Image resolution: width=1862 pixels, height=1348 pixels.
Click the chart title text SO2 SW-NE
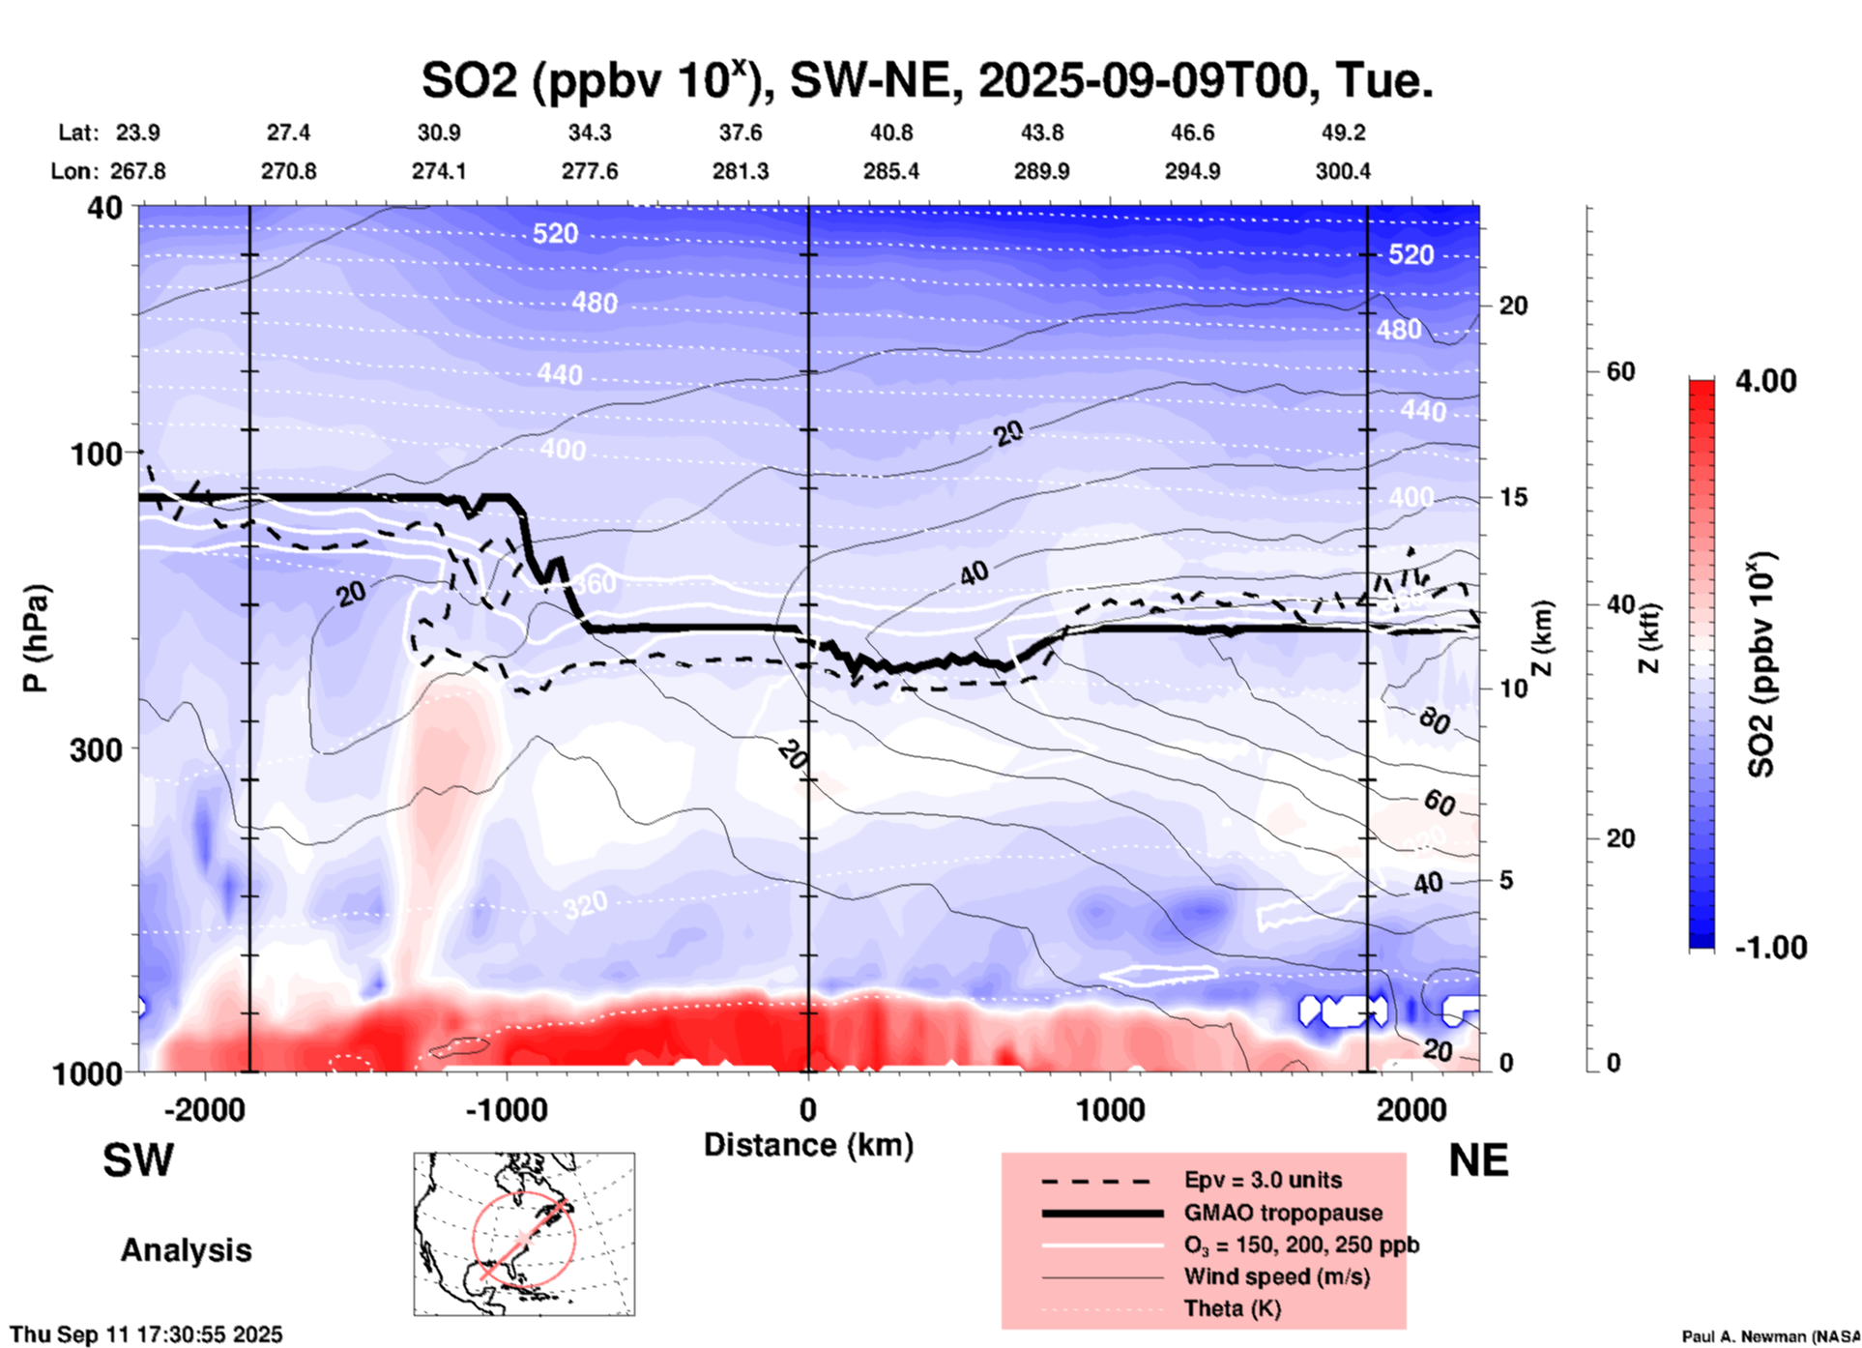[x=926, y=79]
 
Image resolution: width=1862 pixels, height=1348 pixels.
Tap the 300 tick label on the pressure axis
[x=97, y=749]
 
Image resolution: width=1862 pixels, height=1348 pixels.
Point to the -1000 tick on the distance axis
[x=506, y=1109]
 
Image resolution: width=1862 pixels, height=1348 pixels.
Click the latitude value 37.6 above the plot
[x=741, y=132]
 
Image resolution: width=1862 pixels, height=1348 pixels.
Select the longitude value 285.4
[x=891, y=171]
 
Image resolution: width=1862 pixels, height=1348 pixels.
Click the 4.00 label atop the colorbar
[x=1765, y=380]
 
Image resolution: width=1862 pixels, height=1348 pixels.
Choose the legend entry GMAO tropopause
[x=1283, y=1213]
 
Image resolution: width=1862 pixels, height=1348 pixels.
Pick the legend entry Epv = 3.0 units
[x=1263, y=1180]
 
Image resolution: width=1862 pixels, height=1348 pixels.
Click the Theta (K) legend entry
[x=1232, y=1308]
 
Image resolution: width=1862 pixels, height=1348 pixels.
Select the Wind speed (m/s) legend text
[x=1276, y=1276]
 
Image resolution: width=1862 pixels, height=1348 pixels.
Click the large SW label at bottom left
[x=138, y=1160]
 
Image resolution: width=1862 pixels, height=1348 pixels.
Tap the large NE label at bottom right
[x=1478, y=1160]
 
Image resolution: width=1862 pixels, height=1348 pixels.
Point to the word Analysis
[x=186, y=1250]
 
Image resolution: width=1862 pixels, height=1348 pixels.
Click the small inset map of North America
[x=524, y=1234]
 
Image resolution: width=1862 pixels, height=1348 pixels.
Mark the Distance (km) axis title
[x=808, y=1145]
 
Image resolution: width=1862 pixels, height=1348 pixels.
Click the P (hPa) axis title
[x=36, y=638]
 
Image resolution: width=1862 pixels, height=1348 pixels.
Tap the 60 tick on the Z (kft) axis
[x=1620, y=371]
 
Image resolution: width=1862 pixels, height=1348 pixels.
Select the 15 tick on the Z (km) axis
[x=1513, y=497]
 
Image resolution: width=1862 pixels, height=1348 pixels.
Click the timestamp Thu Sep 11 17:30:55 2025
[x=146, y=1334]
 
